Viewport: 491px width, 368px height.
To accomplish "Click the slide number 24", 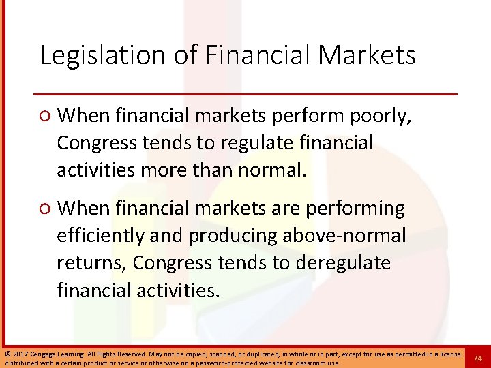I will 478,358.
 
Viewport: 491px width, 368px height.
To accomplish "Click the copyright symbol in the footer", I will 6,354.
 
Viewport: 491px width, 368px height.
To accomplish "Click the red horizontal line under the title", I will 245,93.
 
